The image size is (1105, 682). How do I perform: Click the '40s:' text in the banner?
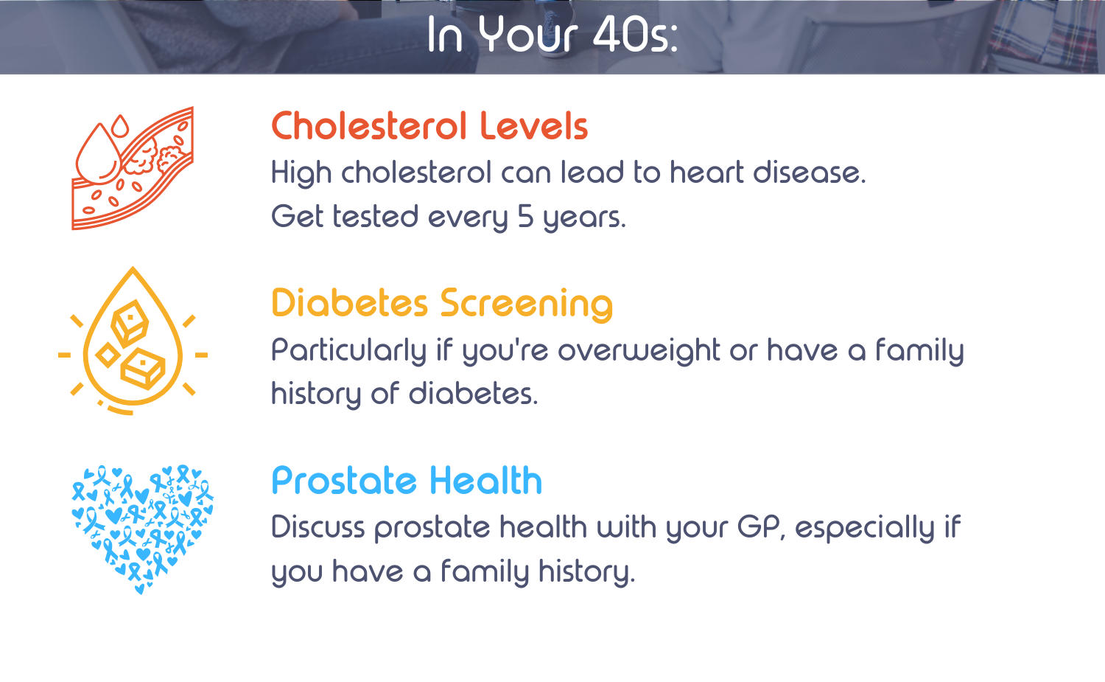(x=635, y=35)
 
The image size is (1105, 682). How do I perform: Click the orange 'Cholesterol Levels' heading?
(x=429, y=126)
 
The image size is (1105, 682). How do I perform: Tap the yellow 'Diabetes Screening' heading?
(x=442, y=305)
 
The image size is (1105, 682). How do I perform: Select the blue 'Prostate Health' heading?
(x=407, y=480)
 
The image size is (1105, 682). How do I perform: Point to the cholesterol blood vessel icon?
(x=133, y=168)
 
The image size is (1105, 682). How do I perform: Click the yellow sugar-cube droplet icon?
(x=133, y=341)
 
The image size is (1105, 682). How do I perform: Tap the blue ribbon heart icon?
(x=143, y=529)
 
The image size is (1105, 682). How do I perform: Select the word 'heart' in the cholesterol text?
(x=706, y=173)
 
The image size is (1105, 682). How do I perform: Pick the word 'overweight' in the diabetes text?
(x=639, y=352)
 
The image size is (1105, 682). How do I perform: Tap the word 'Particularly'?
(x=348, y=352)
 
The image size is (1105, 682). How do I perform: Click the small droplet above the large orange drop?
(x=120, y=126)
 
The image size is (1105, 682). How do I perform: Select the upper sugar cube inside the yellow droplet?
(x=129, y=322)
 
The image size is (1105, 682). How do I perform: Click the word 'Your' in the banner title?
(x=527, y=34)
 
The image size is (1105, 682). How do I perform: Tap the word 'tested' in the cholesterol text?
(x=376, y=217)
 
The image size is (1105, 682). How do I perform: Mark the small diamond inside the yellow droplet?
(x=108, y=355)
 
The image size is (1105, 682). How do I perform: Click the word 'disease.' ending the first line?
(x=810, y=173)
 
